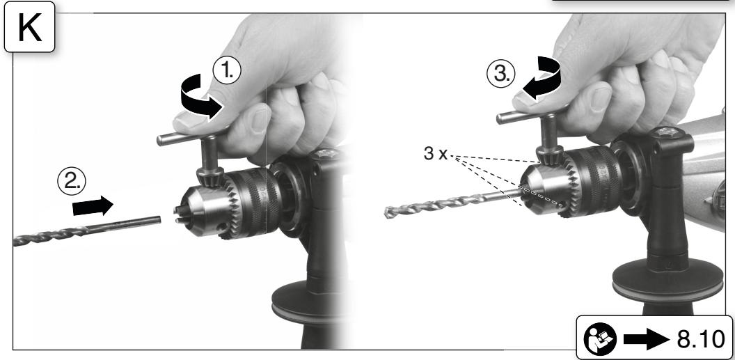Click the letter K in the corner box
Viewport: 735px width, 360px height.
pyautogui.click(x=29, y=26)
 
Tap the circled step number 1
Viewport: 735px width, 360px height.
pyautogui.click(x=227, y=71)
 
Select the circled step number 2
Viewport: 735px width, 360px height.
pyautogui.click(x=72, y=181)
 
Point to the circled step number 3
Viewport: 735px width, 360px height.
pyautogui.click(x=501, y=75)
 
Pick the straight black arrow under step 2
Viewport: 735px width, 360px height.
pyautogui.click(x=93, y=206)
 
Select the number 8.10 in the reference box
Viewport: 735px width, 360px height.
pyautogui.click(x=700, y=338)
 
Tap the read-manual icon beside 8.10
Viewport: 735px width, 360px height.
pyautogui.click(x=601, y=338)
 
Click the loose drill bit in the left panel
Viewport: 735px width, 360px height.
pyautogui.click(x=87, y=231)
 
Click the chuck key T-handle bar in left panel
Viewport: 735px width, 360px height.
pyautogui.click(x=190, y=134)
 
